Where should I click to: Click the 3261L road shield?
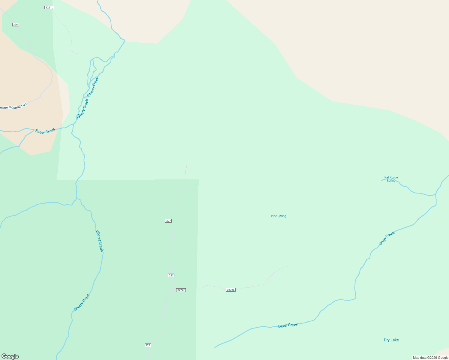coord(49,7)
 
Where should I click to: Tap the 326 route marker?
coord(16,25)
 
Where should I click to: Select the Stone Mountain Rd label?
coord(13,106)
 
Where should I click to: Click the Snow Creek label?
coord(45,131)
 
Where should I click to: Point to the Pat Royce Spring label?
coord(391,179)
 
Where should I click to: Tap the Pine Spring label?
coord(279,216)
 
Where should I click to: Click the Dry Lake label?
coord(391,340)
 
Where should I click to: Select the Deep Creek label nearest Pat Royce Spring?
coord(387,238)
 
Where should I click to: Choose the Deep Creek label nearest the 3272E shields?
coord(288,325)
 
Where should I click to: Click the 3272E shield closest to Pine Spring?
coord(231,290)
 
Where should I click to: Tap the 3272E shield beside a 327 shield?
coord(181,290)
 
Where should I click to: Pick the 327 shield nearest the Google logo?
coord(148,345)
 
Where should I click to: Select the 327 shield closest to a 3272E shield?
coord(171,275)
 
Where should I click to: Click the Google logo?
coord(10,356)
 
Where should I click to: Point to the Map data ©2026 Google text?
coord(430,358)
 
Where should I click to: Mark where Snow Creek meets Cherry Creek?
coord(73,124)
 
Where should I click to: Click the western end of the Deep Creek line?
coord(215,347)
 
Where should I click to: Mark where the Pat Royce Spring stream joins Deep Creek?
coord(435,195)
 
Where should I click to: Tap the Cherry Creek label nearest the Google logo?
coord(82,302)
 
